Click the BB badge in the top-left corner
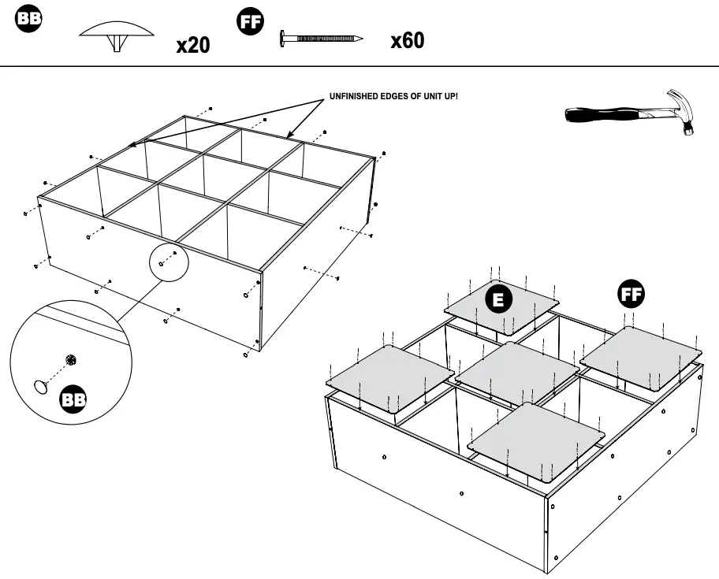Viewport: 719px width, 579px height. tap(29, 20)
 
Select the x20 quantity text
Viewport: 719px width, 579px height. tap(192, 45)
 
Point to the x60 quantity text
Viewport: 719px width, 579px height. tap(407, 40)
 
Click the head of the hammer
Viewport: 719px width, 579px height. tap(680, 108)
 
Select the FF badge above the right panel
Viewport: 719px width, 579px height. tap(630, 295)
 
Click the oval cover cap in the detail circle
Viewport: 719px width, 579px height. tap(41, 386)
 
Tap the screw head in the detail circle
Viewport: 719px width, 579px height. tap(71, 360)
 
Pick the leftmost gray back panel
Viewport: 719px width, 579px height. tap(389, 375)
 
